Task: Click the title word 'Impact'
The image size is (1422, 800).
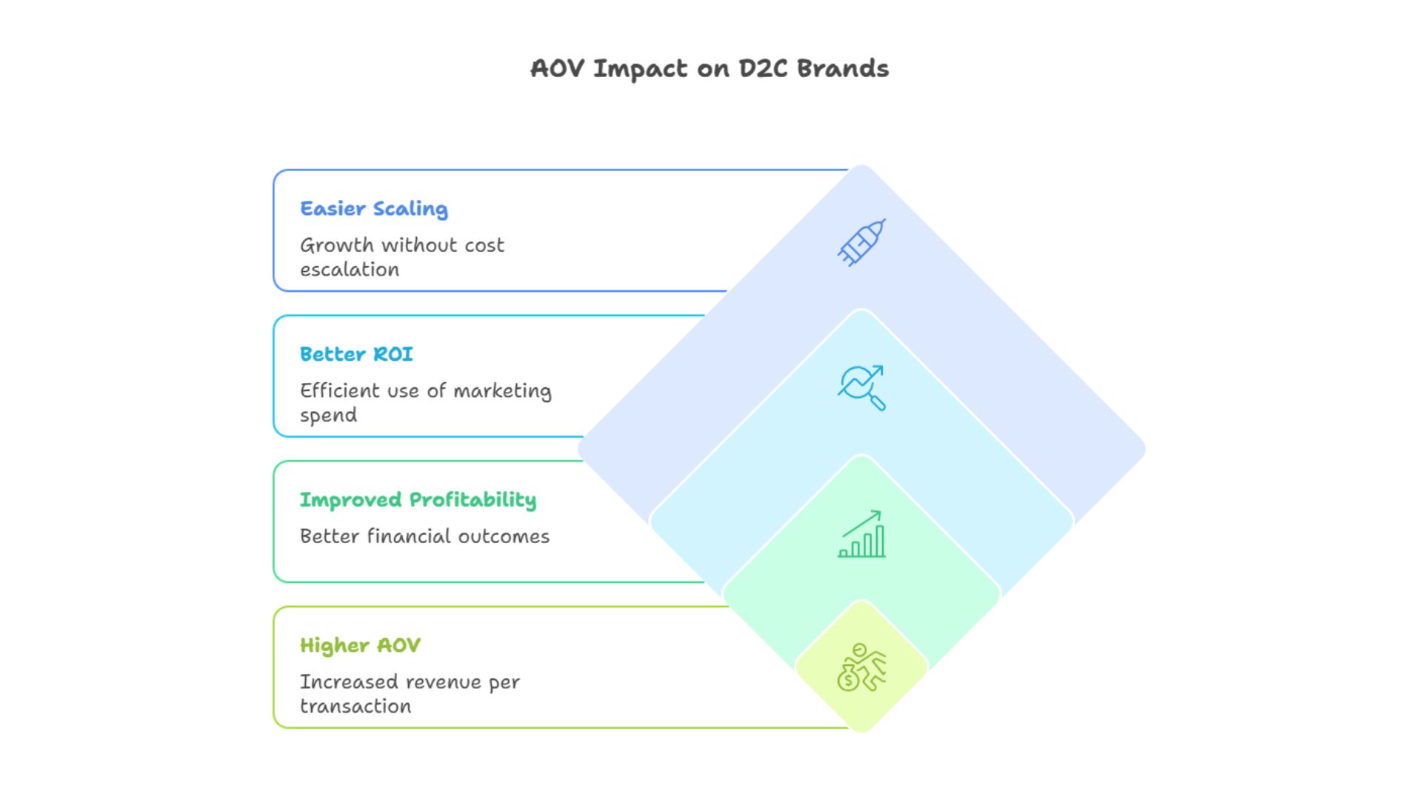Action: pyautogui.click(x=640, y=69)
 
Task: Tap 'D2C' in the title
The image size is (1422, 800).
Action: pyautogui.click(x=763, y=69)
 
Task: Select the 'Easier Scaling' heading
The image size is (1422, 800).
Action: pyautogui.click(x=374, y=209)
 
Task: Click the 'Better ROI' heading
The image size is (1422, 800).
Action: pyautogui.click(x=356, y=354)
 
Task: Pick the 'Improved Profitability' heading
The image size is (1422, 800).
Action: pyautogui.click(x=418, y=500)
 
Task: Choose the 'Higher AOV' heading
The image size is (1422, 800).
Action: pyautogui.click(x=360, y=645)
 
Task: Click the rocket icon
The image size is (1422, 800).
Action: pyautogui.click(x=861, y=242)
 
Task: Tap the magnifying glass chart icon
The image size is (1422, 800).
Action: pyautogui.click(x=861, y=387)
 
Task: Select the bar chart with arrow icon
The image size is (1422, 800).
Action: pyautogui.click(x=861, y=534)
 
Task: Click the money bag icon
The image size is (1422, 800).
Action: pyautogui.click(x=849, y=676)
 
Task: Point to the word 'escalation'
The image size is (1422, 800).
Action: pyautogui.click(x=350, y=270)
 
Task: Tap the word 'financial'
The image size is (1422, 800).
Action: pyautogui.click(x=409, y=536)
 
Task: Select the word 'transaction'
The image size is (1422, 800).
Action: pyautogui.click(x=355, y=706)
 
